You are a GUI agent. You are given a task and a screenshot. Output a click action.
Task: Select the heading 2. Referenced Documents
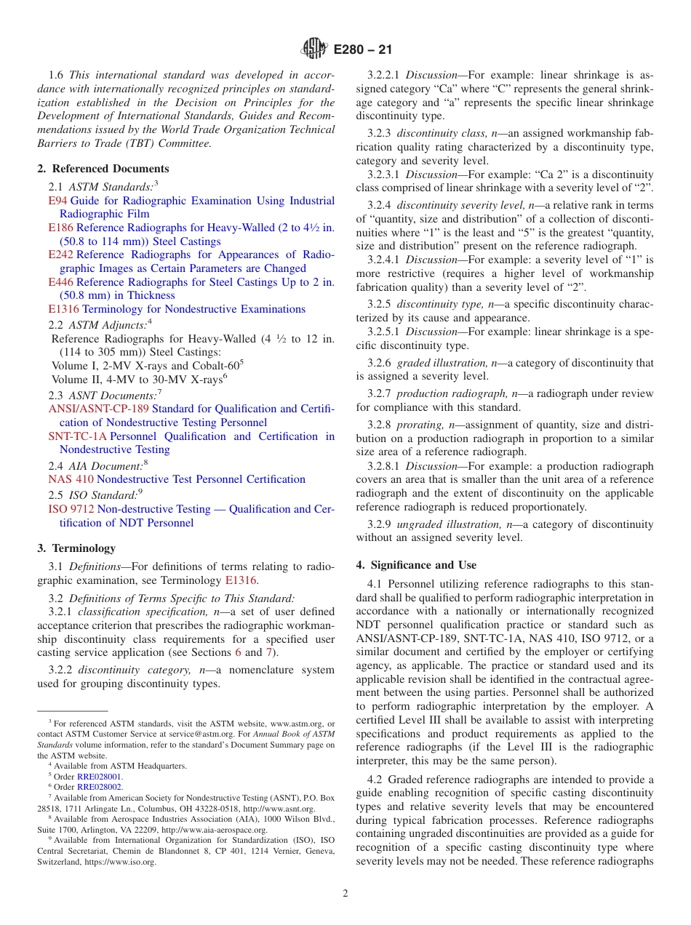103,169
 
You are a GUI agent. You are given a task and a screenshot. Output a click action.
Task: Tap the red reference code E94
57,201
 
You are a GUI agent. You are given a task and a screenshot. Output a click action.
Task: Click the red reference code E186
60,228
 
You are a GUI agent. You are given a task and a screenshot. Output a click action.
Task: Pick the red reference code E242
60,255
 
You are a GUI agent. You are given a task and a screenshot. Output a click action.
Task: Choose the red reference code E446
60,282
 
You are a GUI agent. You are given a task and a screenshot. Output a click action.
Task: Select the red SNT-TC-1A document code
77,436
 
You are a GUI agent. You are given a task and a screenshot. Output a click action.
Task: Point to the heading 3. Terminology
76,548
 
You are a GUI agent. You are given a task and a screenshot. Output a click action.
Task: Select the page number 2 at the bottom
345,893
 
